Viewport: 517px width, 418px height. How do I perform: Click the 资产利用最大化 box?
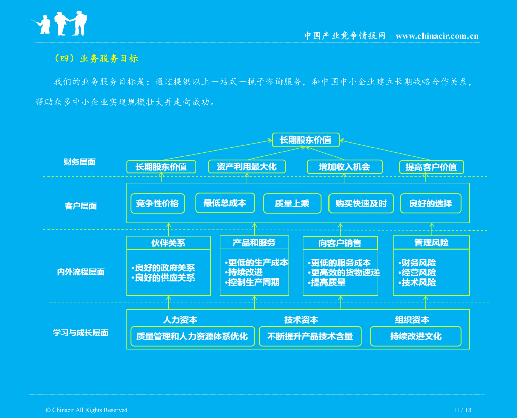click(x=247, y=167)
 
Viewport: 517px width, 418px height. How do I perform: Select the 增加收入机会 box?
click(x=345, y=167)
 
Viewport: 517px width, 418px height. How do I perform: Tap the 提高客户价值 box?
click(x=432, y=167)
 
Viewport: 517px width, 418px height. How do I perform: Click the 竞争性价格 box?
click(x=158, y=203)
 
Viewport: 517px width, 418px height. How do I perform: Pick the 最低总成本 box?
click(x=225, y=203)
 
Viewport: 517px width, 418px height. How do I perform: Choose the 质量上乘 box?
click(x=292, y=203)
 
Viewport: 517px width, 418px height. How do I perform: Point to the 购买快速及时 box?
click(x=361, y=203)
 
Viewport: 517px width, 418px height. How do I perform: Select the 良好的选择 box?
click(x=431, y=203)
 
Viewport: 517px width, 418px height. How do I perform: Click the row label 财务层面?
click(x=79, y=162)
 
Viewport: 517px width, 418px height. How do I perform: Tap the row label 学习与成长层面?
click(x=80, y=333)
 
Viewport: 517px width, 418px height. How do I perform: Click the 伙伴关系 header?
click(x=168, y=243)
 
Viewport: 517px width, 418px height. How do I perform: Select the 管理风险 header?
click(x=431, y=243)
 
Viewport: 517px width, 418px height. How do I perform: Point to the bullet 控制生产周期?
click(x=252, y=283)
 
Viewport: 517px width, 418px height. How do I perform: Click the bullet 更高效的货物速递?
click(x=344, y=273)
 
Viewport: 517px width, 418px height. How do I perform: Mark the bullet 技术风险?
click(x=417, y=283)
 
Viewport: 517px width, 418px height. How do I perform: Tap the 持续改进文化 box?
click(x=416, y=336)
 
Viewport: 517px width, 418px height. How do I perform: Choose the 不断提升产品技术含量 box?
click(x=310, y=336)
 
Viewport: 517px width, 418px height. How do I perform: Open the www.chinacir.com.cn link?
click(x=437, y=36)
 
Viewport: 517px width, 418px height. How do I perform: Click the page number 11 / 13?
click(x=462, y=410)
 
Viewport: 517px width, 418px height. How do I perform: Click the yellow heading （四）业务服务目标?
click(x=97, y=58)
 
